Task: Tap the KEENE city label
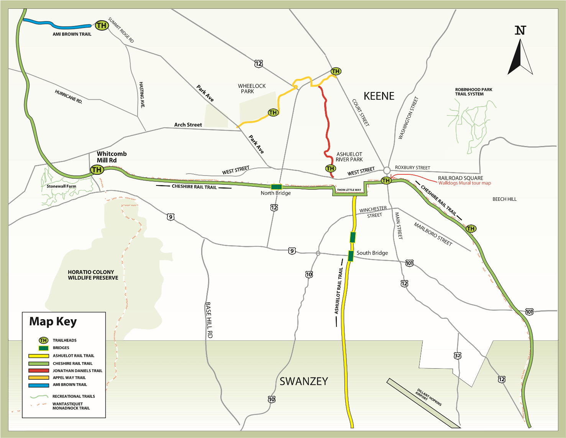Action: point(379,96)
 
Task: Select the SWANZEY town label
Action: point(304,381)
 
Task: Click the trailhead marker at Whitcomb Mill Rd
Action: point(97,169)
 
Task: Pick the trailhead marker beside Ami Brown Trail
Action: point(102,26)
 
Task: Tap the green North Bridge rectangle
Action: point(276,187)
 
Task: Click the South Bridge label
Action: point(372,253)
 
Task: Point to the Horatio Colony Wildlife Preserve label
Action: point(93,275)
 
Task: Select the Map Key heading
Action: point(53,322)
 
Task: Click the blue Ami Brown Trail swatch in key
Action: point(39,385)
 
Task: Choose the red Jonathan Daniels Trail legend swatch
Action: point(39,371)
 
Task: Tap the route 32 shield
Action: point(458,356)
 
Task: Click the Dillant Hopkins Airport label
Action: point(428,398)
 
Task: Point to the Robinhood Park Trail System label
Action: point(473,92)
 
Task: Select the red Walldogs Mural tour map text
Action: point(464,183)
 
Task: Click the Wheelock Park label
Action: point(251,89)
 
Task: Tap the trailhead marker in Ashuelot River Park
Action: point(330,168)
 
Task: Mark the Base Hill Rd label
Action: point(209,320)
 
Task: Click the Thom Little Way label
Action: point(349,190)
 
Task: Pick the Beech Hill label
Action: point(504,199)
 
